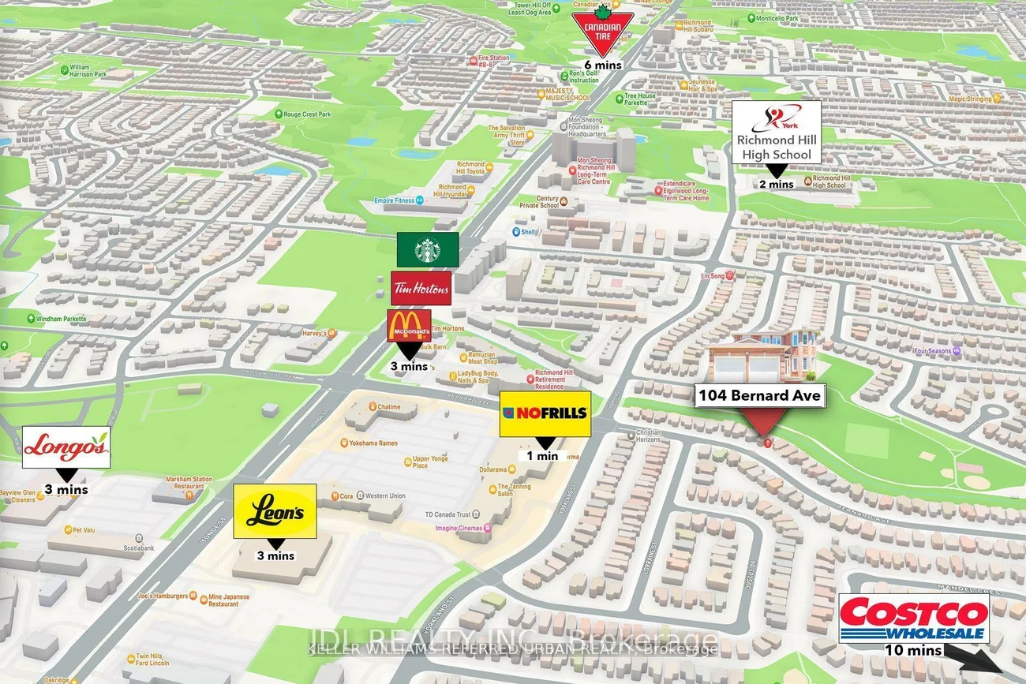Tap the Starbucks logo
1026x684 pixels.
click(x=427, y=249)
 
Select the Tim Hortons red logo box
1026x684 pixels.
click(x=421, y=288)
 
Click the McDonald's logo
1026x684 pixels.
click(x=409, y=325)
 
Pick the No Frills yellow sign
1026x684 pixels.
click(x=545, y=413)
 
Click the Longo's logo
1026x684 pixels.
click(x=66, y=447)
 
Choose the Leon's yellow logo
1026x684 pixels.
click(x=275, y=511)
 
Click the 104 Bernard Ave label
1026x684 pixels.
click(x=759, y=395)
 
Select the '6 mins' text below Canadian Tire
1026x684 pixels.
click(x=603, y=65)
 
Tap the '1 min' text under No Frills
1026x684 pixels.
click(x=543, y=455)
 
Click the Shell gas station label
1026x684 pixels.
click(x=526, y=232)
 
